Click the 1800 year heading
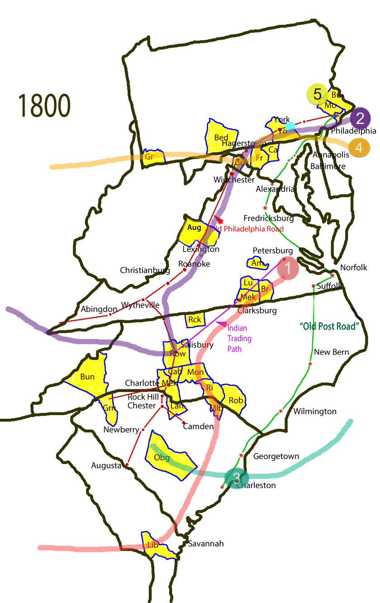[x=44, y=106]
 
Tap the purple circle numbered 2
[x=360, y=119]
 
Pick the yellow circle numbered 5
[x=318, y=95]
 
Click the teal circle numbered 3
[x=237, y=479]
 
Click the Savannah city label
[x=206, y=544]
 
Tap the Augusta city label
[x=106, y=465]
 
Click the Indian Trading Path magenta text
[x=239, y=339]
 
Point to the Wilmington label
[x=315, y=412]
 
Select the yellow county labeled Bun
[x=87, y=377]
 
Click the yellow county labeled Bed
[x=221, y=138]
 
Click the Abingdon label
[x=99, y=310]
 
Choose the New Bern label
[x=332, y=352]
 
